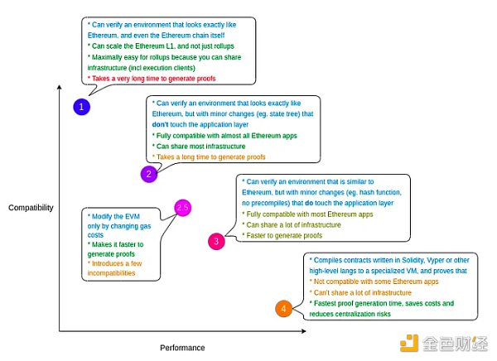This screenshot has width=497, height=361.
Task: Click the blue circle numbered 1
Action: [81, 107]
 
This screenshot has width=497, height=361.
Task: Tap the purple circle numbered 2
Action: [148, 173]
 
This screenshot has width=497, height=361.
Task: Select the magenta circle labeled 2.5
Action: [182, 208]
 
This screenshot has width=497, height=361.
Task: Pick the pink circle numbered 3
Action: [215, 241]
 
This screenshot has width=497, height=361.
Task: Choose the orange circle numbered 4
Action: [283, 309]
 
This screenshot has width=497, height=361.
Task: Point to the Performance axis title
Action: [182, 348]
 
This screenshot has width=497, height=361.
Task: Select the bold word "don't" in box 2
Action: [159, 123]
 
